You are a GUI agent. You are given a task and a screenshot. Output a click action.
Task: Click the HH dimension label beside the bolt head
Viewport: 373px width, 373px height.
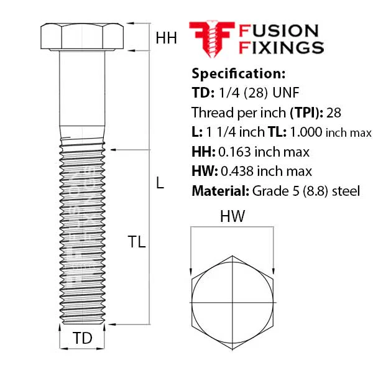[x=166, y=38]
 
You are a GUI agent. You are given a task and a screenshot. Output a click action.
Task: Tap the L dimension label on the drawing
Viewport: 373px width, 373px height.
[x=160, y=183]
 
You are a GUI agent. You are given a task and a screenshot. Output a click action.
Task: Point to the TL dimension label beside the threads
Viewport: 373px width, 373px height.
[x=137, y=242]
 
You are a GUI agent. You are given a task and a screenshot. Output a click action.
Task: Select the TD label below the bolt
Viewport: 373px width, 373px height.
[x=82, y=338]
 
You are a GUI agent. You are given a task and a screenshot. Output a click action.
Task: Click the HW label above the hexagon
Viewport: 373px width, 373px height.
[x=232, y=216]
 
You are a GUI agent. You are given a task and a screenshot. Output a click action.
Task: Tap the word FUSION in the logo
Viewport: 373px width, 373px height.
[x=279, y=31]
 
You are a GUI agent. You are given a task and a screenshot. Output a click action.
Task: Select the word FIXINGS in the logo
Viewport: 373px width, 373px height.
[x=281, y=48]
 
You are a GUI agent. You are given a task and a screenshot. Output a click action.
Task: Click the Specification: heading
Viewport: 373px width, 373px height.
[x=238, y=73]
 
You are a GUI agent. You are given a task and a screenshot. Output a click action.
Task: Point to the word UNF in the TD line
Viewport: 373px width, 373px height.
[x=286, y=93]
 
